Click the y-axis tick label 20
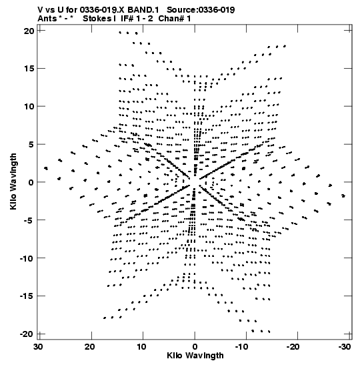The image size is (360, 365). coord(29,31)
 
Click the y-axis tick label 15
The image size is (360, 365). coord(29,69)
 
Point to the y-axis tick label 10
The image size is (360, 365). coord(29,107)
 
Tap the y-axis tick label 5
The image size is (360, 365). coord(31,145)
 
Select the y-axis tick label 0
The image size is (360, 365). coord(31,182)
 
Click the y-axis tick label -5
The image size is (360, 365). coord(29,220)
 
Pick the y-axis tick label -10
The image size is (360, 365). coord(27,258)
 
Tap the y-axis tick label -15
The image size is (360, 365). coord(27,296)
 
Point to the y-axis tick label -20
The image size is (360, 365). coord(27,334)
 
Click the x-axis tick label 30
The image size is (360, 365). coord(38,347)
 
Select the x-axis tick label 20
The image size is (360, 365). coord(90,347)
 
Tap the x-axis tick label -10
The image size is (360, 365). coord(242,347)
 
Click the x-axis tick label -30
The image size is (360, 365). coord(344,347)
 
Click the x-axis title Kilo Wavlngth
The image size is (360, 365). coord(195,356)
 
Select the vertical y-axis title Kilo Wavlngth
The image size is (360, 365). coord(13,181)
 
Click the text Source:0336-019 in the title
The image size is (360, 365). coord(201,10)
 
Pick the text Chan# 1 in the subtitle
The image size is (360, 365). coord(175,19)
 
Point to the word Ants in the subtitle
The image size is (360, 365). coord(47,19)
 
